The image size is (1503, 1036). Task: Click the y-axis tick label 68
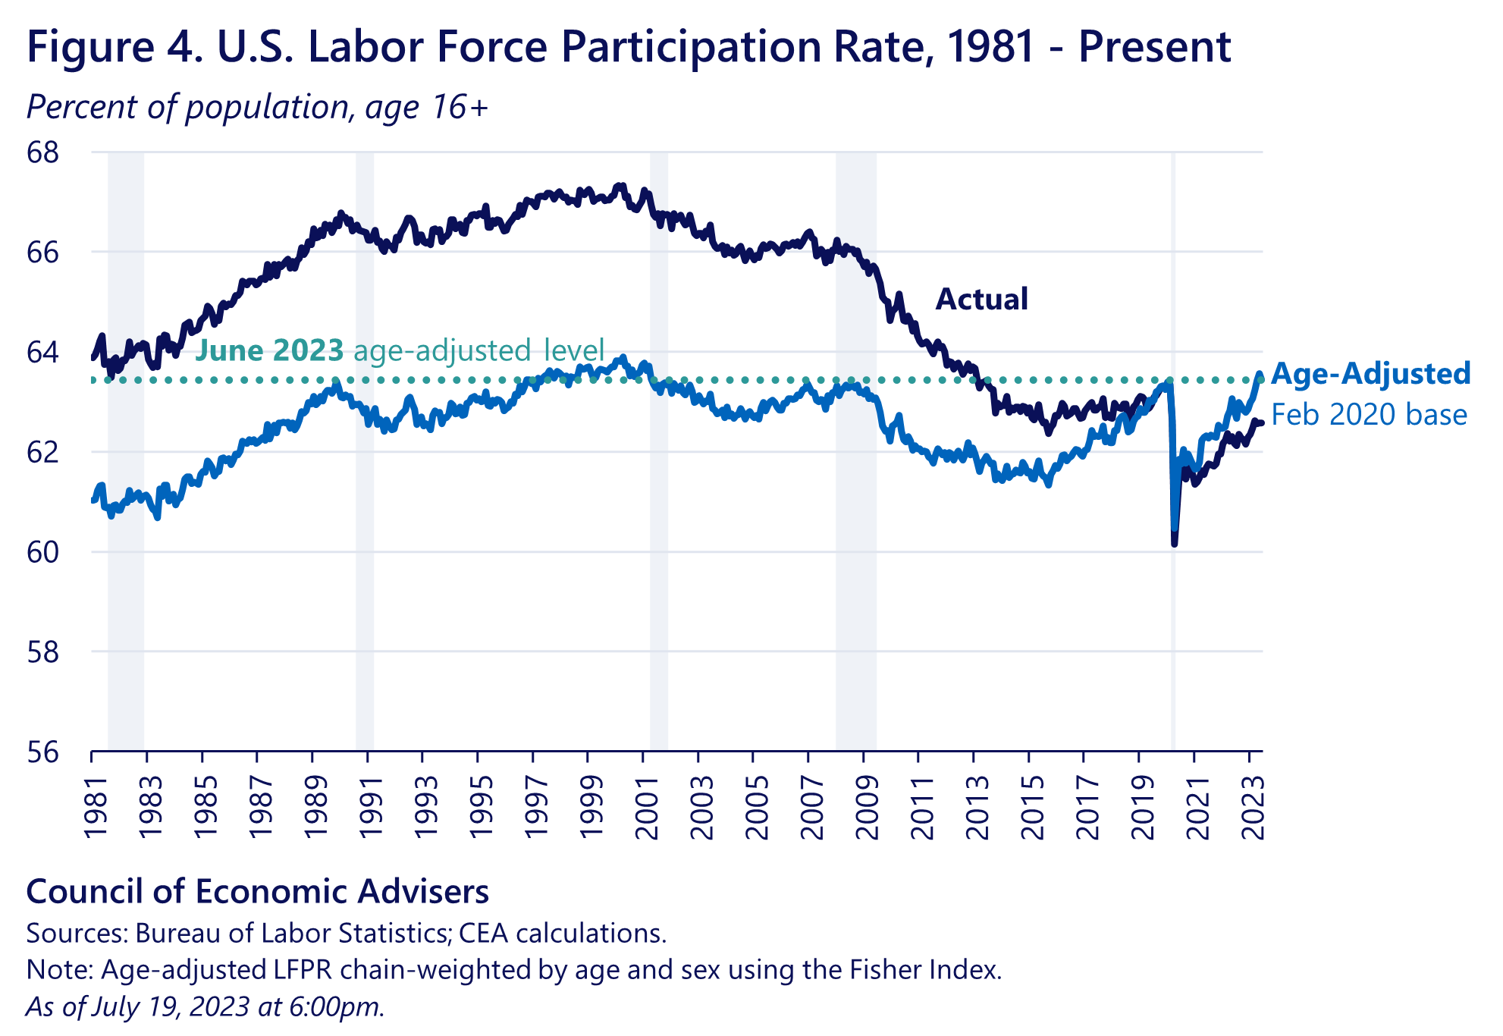tap(42, 152)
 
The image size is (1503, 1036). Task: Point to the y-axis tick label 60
tap(42, 552)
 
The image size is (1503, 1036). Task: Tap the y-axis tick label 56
tap(42, 752)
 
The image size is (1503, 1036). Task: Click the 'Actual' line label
tap(981, 299)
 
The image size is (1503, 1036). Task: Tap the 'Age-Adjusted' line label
tap(1370, 374)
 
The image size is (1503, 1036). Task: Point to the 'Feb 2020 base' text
tap(1369, 415)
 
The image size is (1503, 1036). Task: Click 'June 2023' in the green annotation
tap(270, 350)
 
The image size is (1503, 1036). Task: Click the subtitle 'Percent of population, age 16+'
tap(257, 107)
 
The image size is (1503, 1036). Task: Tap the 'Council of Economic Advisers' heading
tap(257, 891)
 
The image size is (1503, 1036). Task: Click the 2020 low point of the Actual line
tap(1174, 543)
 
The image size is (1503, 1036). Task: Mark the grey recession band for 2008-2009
tap(855, 455)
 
